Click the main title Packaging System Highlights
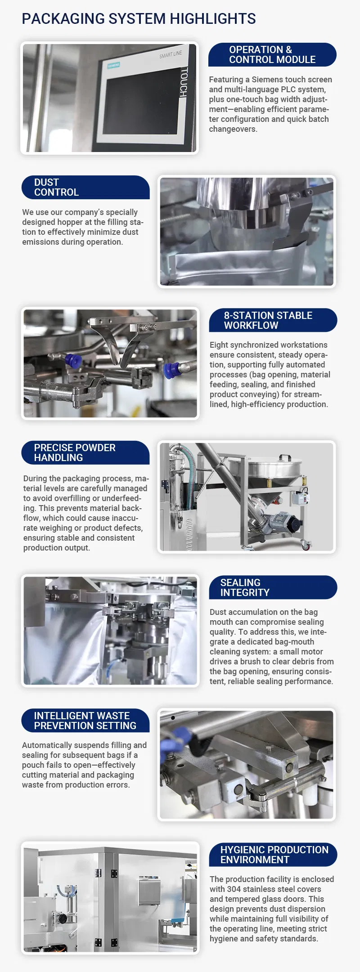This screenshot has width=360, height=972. point(139,19)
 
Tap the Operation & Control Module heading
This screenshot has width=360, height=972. point(272,54)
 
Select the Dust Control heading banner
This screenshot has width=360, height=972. point(85,187)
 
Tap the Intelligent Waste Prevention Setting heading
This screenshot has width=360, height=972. point(85,721)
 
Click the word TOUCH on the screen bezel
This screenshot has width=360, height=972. point(184,82)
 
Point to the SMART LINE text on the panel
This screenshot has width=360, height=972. point(171,54)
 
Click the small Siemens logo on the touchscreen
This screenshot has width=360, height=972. point(113,65)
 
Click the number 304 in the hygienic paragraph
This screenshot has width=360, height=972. point(234,889)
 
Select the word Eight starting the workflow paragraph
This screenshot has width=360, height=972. point(219,345)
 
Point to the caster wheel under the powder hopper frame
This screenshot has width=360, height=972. point(306,545)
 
